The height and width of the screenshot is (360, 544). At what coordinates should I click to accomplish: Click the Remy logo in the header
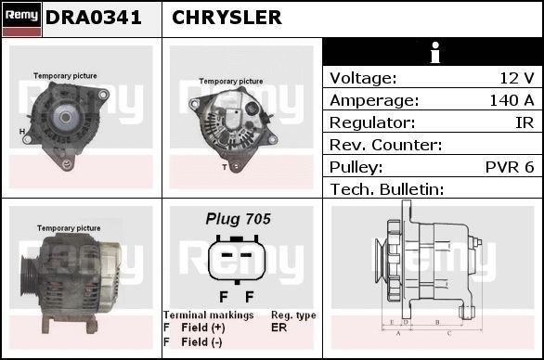pos(21,18)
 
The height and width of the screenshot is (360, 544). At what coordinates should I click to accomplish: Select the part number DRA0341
pos(94,18)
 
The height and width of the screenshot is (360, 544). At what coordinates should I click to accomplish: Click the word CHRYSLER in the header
pos(227,18)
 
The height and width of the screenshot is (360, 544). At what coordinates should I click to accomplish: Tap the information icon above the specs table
pos(433,53)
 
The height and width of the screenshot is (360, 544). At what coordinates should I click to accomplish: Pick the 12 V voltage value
pos(516,78)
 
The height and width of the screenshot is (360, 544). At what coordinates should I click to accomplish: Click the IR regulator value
pos(525,122)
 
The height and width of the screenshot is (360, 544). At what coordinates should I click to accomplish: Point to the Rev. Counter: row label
pos(385,145)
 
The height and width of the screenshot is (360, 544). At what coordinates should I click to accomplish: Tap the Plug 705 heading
pos(238,219)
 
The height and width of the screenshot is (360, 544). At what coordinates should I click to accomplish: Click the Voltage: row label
pos(363,78)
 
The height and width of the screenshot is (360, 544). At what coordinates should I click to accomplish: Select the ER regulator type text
pos(278,328)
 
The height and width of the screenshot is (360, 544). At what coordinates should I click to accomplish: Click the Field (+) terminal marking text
pos(203,328)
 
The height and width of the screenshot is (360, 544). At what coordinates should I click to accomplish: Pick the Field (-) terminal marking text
pos(202,341)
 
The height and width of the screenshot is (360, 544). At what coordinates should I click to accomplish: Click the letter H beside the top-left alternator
pos(22,131)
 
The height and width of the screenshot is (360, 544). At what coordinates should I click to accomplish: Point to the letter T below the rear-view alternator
pos(224,167)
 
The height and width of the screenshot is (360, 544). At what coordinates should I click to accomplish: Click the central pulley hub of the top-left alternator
pos(68,117)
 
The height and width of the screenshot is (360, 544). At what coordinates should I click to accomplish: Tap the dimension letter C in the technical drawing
pos(449,331)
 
